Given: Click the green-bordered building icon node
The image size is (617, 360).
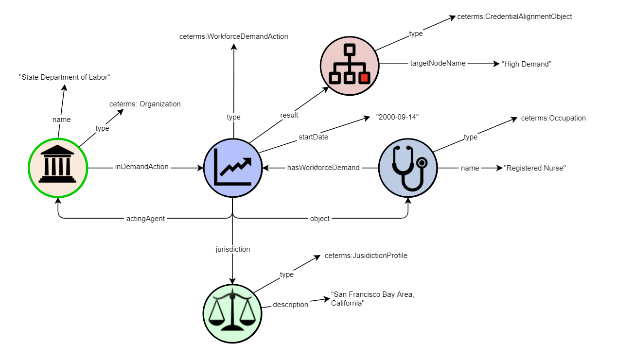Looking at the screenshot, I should [57, 168].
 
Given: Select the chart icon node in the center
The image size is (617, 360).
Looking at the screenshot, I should [232, 168].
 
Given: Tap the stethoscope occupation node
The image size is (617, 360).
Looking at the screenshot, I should [407, 168].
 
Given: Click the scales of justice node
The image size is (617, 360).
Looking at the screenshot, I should [232, 313].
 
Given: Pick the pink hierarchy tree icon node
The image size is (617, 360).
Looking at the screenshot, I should [349, 64].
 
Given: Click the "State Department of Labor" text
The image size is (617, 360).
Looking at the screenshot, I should [65, 77].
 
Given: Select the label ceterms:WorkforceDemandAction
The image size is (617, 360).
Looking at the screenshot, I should [233, 36].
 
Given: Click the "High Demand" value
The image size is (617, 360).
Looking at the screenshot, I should [527, 64].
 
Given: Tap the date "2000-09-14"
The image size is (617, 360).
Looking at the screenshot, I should [397, 118].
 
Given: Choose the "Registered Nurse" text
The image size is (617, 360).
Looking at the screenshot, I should [535, 168].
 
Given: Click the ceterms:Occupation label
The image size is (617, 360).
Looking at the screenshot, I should [553, 118].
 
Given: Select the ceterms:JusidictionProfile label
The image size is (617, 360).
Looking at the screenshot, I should [366, 256].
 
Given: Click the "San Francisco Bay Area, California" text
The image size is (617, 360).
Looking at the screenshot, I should [372, 299].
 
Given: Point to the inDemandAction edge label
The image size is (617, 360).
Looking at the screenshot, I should [141, 167].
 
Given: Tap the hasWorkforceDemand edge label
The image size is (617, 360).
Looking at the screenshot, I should [323, 168].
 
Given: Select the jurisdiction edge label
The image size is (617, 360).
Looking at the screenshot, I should [232, 249].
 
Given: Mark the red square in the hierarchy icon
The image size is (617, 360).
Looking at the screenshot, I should [364, 77].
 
